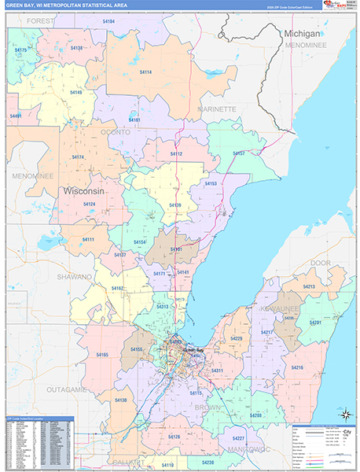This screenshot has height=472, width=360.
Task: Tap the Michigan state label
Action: coord(302,35)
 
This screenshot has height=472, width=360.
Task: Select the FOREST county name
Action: coord(41,21)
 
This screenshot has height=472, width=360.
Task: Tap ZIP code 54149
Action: coord(75,93)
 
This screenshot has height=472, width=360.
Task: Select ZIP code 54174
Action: coord(78,157)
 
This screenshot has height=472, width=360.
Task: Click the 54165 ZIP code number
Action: coord(102,356)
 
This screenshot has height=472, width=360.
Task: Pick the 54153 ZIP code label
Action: coord(211,183)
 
